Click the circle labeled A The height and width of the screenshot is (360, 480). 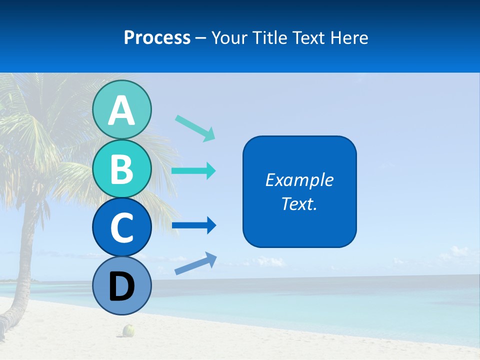(121, 109)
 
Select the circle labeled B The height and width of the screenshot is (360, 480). (121, 168)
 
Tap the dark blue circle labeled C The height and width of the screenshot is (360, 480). (121, 227)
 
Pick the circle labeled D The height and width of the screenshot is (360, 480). (121, 286)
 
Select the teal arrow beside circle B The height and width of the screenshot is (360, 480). (193, 171)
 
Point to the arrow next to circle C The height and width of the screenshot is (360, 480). (194, 226)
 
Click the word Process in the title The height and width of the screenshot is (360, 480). (157, 37)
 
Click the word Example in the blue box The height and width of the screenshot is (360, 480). (299, 180)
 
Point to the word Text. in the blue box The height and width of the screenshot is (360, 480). (299, 203)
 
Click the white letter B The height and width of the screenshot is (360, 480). (121, 169)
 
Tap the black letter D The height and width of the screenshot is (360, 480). (121, 286)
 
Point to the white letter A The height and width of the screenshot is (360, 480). (121, 110)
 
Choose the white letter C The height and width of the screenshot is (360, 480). (121, 227)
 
